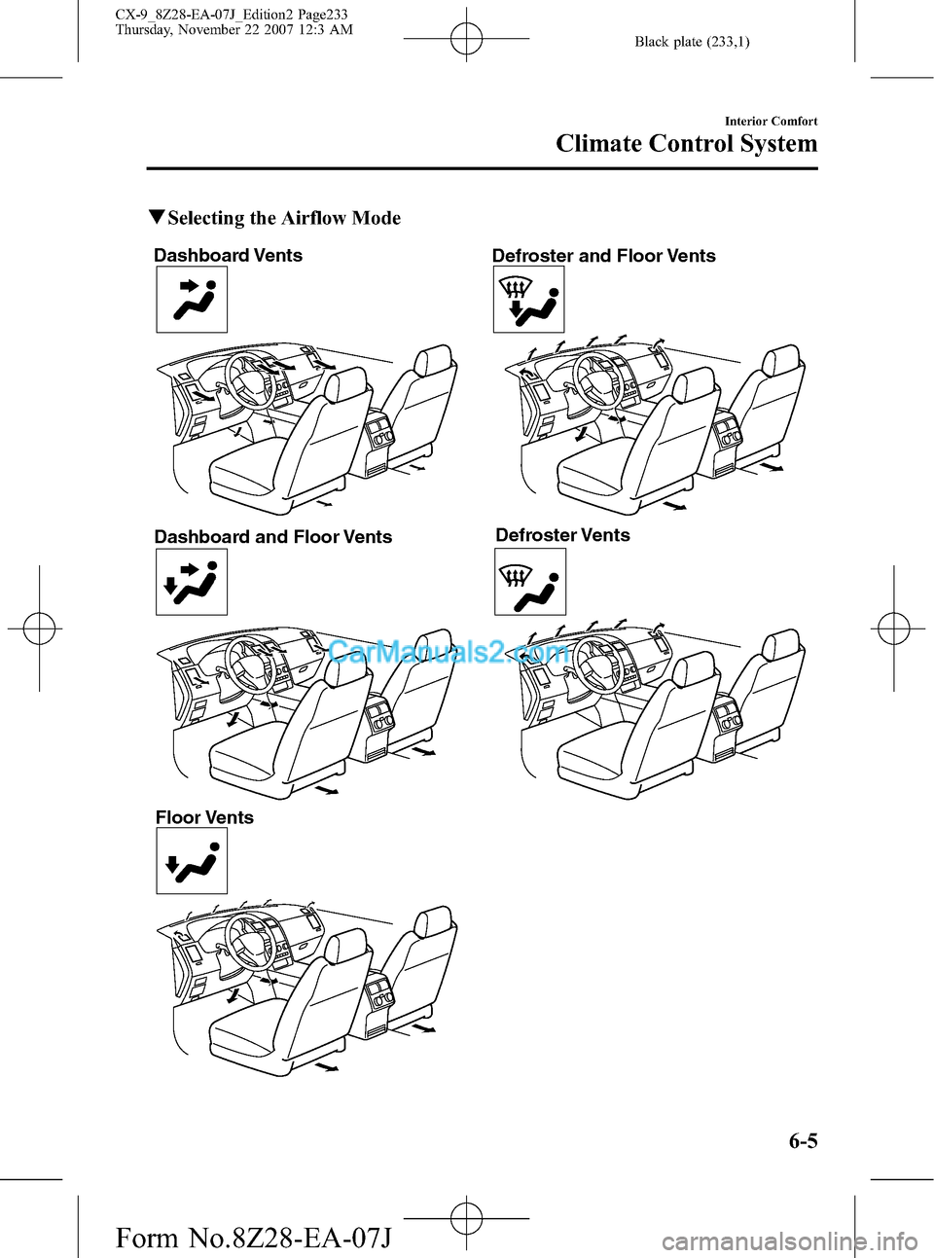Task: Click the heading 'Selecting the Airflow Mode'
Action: pos(283,218)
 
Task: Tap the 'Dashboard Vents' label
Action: pos(228,256)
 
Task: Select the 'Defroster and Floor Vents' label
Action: pos(603,256)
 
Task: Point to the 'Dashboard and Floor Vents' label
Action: pos(272,537)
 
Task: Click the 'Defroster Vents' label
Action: pos(562,535)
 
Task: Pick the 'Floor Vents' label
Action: pos(204,817)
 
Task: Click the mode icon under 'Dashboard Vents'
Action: pos(192,300)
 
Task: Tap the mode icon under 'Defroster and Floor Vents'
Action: pos(528,300)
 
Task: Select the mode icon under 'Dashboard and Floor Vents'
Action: pos(192,582)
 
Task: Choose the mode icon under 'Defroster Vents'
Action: pos(530,582)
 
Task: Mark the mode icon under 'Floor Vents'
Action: pos(192,860)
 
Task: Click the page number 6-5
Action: pos(803,1140)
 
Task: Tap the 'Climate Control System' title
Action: pos(686,144)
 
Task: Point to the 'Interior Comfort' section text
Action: pos(771,122)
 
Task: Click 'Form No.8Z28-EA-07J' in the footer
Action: pos(253,1238)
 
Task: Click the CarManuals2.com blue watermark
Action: pos(449,651)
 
